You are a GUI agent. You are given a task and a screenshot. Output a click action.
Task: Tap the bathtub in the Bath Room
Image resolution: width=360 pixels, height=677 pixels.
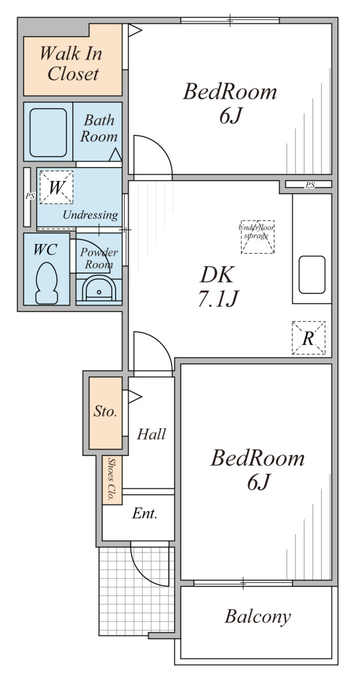tap(48, 133)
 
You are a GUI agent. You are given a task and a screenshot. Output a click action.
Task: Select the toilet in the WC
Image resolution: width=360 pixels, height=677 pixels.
tap(46, 283)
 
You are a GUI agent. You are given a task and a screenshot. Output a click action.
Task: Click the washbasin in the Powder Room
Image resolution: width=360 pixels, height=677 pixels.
tap(99, 289)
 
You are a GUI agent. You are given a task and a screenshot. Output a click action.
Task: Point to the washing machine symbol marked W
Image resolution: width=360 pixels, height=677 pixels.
tap(56, 187)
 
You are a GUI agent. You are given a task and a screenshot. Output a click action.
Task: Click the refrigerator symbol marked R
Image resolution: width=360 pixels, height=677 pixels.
tap(309, 337)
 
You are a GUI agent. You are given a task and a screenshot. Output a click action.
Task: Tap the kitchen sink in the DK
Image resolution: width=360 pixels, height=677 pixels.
tap(312, 275)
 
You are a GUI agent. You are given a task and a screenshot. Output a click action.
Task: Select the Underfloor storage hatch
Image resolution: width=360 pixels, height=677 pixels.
tap(257, 236)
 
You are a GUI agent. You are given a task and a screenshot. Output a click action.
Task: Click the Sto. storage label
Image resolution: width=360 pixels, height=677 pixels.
tap(105, 411)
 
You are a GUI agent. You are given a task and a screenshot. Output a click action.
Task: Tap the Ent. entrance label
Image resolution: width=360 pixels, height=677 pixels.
tap(145, 513)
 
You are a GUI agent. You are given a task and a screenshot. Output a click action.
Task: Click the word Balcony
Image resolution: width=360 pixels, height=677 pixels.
tap(257, 617)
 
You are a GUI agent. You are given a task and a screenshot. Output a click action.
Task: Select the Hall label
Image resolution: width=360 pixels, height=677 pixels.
tap(151, 434)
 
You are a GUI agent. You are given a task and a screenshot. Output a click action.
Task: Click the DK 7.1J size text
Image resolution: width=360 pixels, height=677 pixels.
tap(218, 286)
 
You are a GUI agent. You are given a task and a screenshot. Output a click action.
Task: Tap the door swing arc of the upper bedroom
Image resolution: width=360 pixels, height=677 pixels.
tap(160, 147)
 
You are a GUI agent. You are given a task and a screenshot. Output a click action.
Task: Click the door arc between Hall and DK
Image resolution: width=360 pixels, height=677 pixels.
tap(160, 343)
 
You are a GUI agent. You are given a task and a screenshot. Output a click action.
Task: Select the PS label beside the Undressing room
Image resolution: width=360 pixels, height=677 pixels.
tap(30, 196)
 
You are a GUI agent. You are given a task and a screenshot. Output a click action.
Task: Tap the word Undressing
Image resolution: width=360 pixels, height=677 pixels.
tap(90, 215)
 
